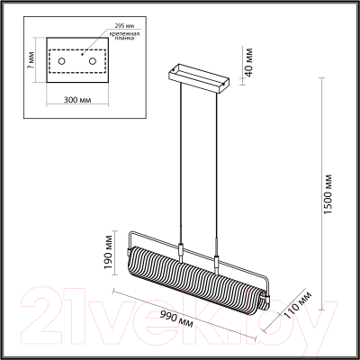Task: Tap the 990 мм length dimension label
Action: (x=176, y=316)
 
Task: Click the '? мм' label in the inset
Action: (x=31, y=60)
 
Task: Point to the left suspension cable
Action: (x=183, y=162)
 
